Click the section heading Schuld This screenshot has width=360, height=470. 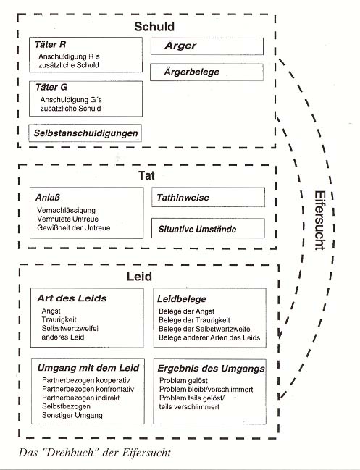(154, 26)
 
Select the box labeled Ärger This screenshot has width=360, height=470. (207, 46)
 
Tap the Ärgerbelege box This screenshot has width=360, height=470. (206, 72)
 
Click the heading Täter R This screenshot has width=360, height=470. (50, 45)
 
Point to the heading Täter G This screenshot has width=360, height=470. (51, 87)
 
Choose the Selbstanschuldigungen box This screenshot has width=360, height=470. (85, 133)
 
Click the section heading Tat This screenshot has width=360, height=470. (146, 175)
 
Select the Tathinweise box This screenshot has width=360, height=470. (208, 197)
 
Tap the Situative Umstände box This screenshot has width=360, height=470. (208, 228)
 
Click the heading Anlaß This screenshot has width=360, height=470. (48, 198)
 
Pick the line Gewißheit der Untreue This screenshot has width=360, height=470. (74, 228)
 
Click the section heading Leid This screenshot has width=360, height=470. (139, 277)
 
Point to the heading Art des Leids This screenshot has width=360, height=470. (72, 298)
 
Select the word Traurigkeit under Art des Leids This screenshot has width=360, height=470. (59, 319)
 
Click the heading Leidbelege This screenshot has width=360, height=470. (182, 299)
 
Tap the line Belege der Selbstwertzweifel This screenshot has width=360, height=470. (205, 329)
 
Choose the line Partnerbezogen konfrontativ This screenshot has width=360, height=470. (88, 389)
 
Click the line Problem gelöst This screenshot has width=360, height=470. (183, 381)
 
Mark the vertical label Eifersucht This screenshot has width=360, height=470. (319, 220)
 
